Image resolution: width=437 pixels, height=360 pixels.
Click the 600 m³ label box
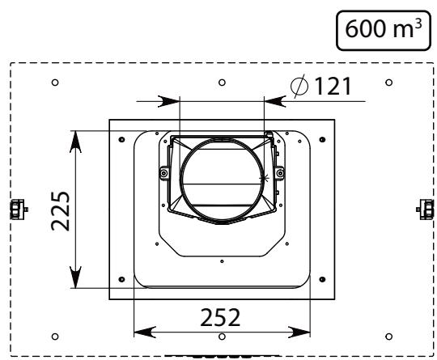pos(384,31)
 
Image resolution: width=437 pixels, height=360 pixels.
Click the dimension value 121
pos(333,86)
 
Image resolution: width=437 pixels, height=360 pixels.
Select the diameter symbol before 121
pos(299,86)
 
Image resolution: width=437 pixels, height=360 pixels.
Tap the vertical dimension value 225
pos(61,211)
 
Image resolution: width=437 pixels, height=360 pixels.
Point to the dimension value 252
pos(220,317)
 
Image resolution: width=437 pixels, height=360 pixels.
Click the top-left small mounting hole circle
pos(55,83)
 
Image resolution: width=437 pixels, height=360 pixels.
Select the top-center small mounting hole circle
pos(222,83)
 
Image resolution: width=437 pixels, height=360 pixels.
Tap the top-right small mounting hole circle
pos(388,83)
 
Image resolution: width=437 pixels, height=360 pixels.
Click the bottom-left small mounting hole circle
pos(55,337)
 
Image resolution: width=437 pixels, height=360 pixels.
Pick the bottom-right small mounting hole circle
pos(388,337)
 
